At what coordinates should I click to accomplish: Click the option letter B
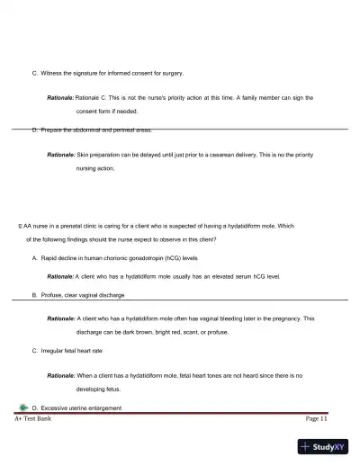34,294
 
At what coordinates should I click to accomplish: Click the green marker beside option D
22,408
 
